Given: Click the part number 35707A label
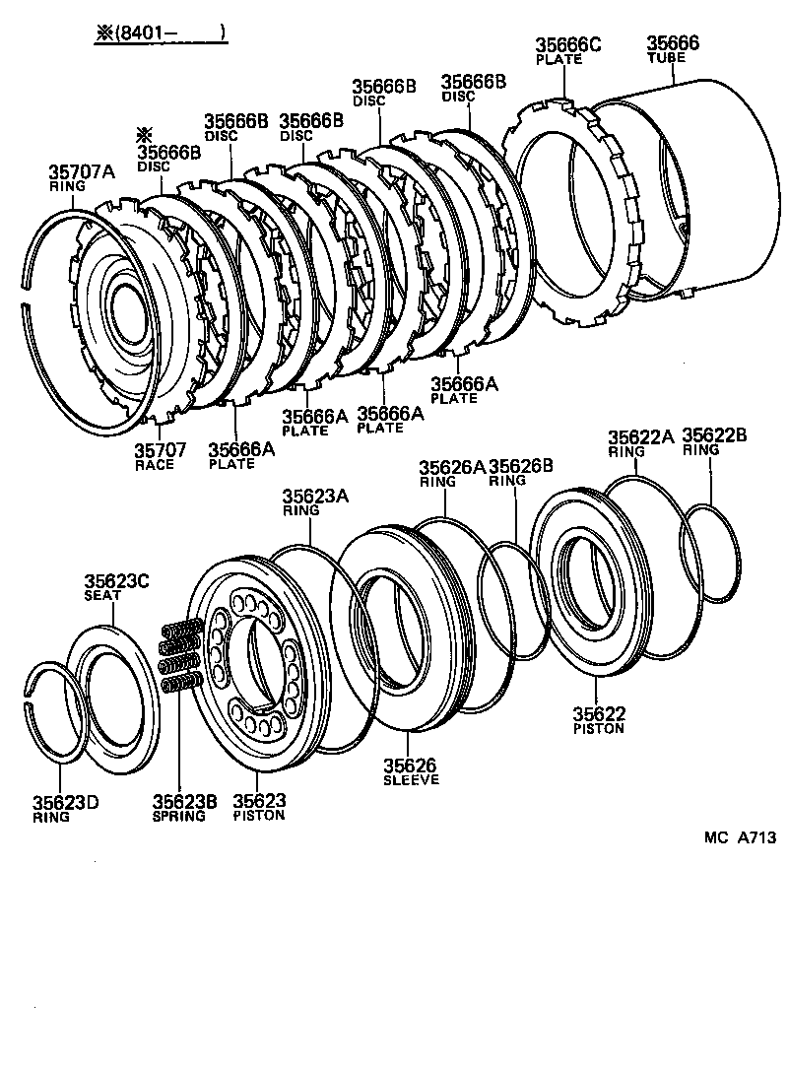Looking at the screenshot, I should pos(82,177).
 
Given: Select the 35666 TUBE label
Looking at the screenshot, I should pos(673,48).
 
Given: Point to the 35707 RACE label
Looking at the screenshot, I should pos(161,455).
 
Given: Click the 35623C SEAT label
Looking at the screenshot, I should pos(115,587).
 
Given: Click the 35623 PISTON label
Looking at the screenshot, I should pos(259,808).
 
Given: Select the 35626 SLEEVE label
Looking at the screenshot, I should pos(411,771).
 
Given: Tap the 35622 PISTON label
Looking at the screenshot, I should pos(600,720).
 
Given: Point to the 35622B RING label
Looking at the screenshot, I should pos(714,441).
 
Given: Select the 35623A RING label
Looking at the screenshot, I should pos(315,502).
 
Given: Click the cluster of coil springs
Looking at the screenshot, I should pos(181,657).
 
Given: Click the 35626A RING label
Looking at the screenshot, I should pos(452,473).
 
